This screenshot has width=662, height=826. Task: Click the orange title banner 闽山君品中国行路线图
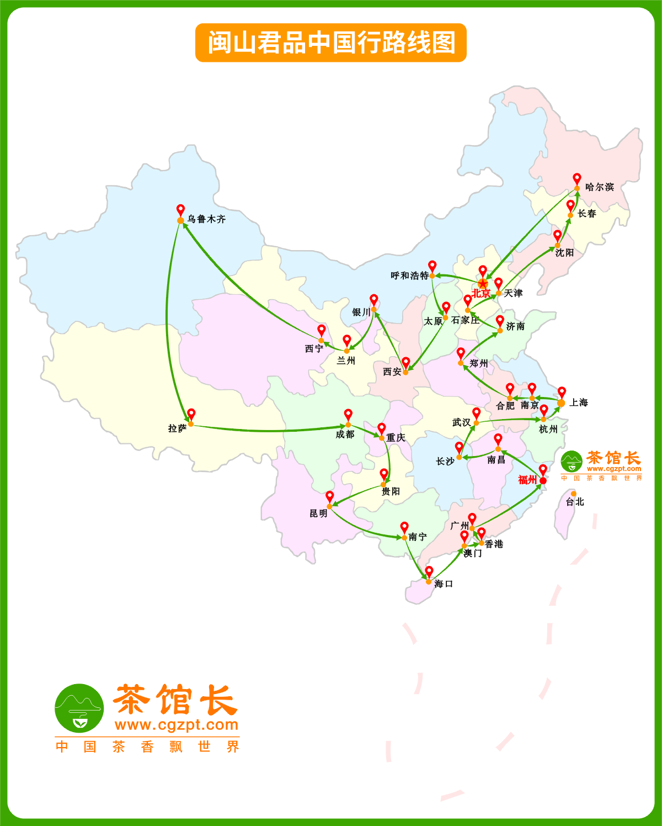tap(331, 43)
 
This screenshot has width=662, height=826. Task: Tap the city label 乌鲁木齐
tap(206, 219)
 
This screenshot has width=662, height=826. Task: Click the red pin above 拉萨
tap(191, 414)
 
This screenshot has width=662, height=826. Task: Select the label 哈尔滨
tap(600, 187)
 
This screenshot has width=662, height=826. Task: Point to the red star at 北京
tap(483, 284)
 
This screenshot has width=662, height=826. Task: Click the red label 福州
tap(527, 480)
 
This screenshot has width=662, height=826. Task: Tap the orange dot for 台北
tap(574, 494)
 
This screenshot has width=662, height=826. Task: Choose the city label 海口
tap(444, 584)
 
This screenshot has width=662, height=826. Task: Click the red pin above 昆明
tap(330, 496)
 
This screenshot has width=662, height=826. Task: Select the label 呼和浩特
tap(409, 276)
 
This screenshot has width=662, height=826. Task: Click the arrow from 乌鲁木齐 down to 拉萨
tap(167, 320)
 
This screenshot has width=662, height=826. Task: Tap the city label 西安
tap(392, 372)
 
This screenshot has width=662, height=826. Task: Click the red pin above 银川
tap(374, 300)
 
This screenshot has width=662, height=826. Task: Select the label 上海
tap(579, 403)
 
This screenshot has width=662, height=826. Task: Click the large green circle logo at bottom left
tap(79, 708)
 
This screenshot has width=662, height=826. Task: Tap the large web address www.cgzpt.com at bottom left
tap(177, 724)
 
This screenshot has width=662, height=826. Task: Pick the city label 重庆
tap(396, 437)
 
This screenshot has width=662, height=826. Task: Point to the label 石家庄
tap(466, 320)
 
